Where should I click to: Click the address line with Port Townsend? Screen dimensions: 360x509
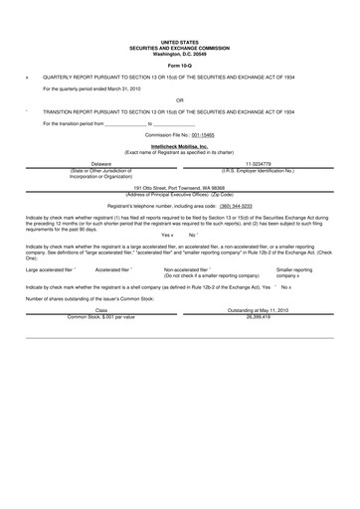pos(179,187)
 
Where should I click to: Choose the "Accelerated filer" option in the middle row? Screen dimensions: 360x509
pos(112,269)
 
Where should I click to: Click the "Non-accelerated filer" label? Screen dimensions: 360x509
pos(187,269)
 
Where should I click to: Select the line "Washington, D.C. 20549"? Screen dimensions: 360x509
pos(179,52)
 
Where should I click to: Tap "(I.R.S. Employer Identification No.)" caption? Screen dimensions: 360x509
pos(258,170)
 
